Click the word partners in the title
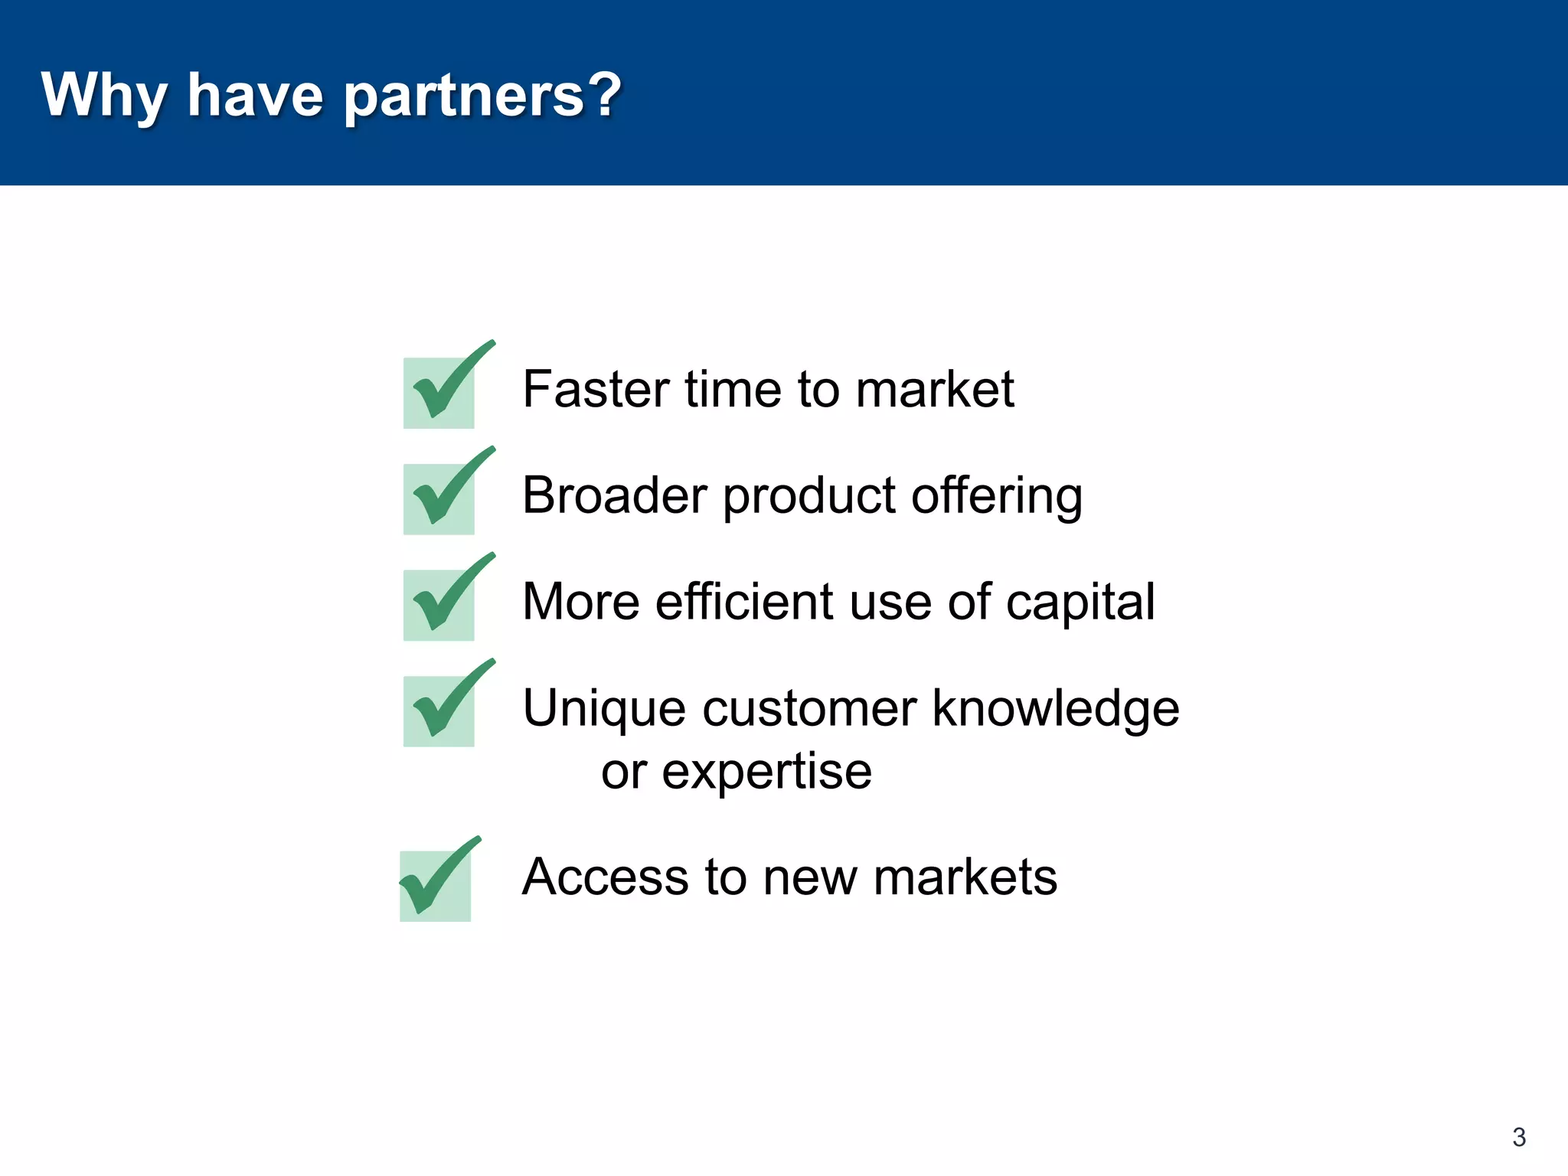point(464,96)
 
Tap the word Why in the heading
point(104,96)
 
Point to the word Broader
point(614,495)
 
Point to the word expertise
point(766,773)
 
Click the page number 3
point(1519,1137)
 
